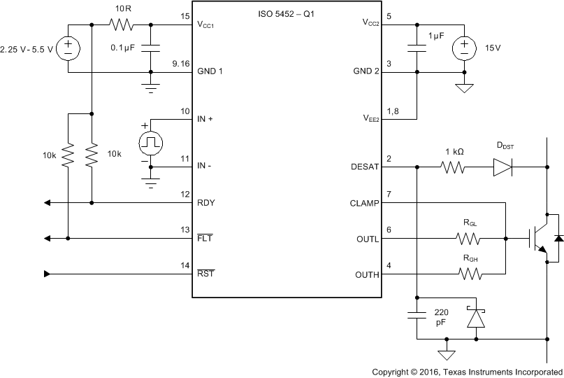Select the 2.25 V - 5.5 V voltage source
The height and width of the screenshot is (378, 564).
click(68, 48)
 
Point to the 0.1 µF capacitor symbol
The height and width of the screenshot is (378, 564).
click(150, 48)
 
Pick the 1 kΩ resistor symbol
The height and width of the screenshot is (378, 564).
click(452, 167)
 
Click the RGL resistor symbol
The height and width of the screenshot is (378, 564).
click(469, 239)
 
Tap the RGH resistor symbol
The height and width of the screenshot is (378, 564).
click(469, 274)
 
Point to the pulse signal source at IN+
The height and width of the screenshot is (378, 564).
click(150, 143)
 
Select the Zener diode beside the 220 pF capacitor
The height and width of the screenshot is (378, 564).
click(476, 317)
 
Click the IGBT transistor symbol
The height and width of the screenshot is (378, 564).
click(538, 238)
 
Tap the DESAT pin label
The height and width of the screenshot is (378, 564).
click(363, 167)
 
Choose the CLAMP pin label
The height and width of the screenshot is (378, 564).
click(364, 204)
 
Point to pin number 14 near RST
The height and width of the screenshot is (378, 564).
click(185, 265)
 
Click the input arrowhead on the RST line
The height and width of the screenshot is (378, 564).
click(47, 274)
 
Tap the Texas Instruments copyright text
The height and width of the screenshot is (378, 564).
click(466, 371)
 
